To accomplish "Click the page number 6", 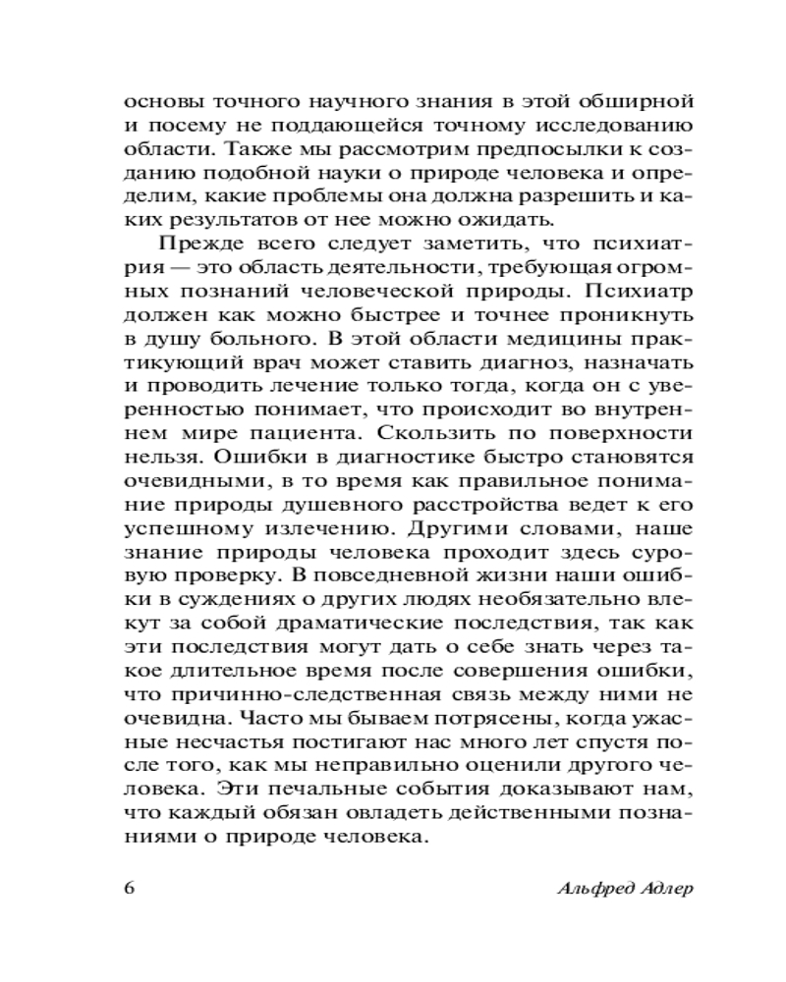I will pos(129,888).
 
